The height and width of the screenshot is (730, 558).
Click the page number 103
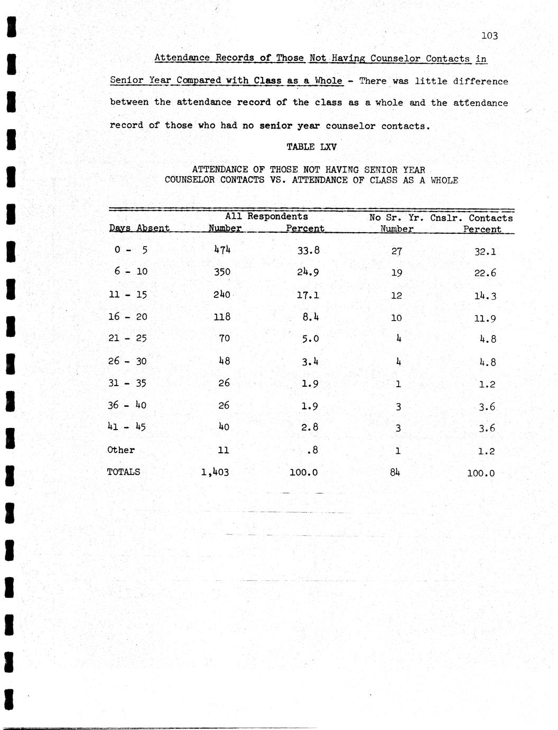[x=489, y=36]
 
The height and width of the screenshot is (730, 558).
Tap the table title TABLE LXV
[x=311, y=147]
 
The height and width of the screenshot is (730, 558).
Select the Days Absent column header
[x=139, y=228]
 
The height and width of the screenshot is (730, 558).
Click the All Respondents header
[x=266, y=216]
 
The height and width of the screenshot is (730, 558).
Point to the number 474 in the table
[x=222, y=249]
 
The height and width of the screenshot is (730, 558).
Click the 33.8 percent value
[x=308, y=250]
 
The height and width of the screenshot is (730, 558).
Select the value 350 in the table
[x=222, y=272]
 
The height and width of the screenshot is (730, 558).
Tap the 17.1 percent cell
[x=308, y=295]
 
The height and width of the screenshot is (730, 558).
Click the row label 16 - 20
[x=127, y=317]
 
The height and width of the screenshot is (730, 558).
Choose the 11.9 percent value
[x=485, y=318]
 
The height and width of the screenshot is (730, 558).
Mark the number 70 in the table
[x=224, y=339]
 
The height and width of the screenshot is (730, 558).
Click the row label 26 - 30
[x=127, y=361]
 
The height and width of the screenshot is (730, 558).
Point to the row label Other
[x=121, y=450]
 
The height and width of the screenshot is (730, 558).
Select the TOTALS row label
[x=124, y=472]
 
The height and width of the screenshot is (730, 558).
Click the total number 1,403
[x=215, y=472]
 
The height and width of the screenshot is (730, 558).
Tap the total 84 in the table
[x=395, y=472]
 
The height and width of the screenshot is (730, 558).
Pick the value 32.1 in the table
[x=485, y=252]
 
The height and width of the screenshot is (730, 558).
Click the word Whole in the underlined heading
[x=328, y=81]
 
